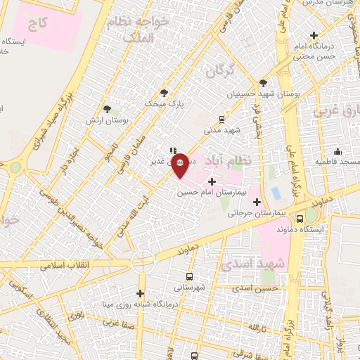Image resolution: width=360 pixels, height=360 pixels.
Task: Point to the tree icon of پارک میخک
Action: coord(165,93)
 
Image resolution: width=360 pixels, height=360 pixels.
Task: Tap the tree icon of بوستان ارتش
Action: coord(107,109)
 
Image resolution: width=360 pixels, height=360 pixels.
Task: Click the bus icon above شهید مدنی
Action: coord(221,119)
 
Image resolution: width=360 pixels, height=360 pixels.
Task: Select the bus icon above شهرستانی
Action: coord(189,276)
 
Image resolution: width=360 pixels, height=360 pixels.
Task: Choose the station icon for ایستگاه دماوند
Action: coord(300,218)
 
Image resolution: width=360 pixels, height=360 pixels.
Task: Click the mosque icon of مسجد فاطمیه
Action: coord(338,151)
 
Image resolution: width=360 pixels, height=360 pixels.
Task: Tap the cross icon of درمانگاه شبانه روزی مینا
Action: coord(141,293)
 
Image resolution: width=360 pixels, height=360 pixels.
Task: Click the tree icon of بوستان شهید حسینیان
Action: coord(263,82)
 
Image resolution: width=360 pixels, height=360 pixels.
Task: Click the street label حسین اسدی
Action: coord(257,288)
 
